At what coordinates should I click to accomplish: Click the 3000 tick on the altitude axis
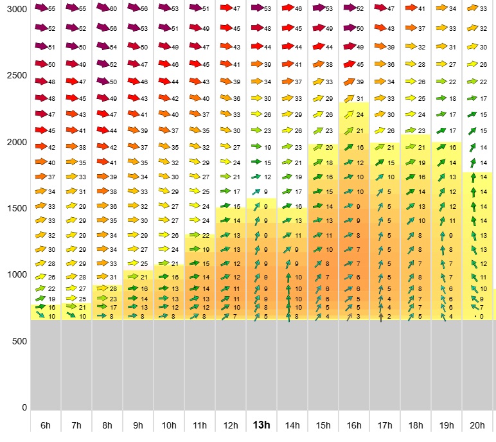pos(13,9)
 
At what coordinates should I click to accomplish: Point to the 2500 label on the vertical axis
pos(13,75)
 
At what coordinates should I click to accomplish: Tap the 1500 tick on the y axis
pos(13,208)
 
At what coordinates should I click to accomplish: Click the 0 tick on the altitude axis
pos(24,407)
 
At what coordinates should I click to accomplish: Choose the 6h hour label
pos(46,425)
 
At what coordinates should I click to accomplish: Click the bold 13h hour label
pos(261,425)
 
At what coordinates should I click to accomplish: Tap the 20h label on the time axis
pos(477,425)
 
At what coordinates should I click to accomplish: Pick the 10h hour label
pos(169,425)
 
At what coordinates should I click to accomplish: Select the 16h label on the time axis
pos(354,425)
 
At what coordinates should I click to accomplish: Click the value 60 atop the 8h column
pos(113,9)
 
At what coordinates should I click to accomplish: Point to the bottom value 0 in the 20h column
pos(481,316)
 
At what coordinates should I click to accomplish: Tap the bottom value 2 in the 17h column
pos(389,316)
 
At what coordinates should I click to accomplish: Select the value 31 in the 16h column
pos(360,98)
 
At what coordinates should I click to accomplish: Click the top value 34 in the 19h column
pos(452,9)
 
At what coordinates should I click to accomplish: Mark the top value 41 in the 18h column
pos(421,9)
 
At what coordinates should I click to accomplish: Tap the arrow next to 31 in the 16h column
pos(349,98)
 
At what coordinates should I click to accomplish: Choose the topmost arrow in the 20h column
pos(472,8)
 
